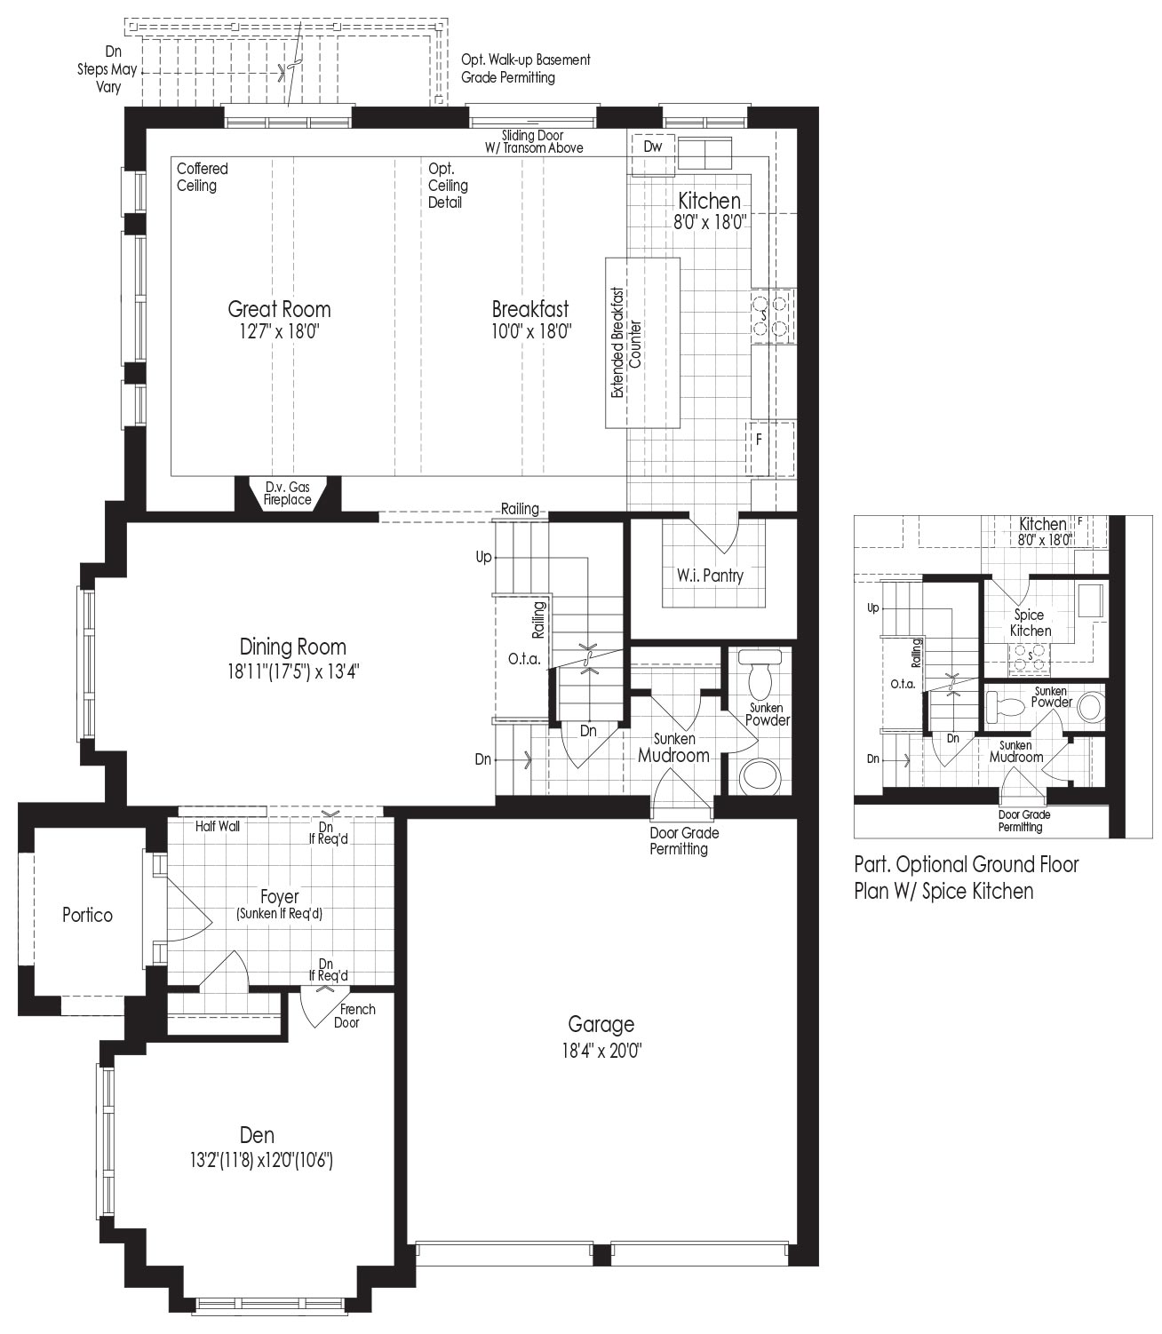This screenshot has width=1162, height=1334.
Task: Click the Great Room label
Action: click(279, 308)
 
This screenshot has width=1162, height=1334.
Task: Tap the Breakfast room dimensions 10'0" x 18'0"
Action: click(531, 332)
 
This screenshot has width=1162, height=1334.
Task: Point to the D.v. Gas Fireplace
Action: click(287, 494)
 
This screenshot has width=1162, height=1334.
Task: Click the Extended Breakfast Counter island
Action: click(642, 343)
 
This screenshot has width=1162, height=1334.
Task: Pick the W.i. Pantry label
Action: click(710, 576)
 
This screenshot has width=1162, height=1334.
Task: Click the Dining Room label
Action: click(293, 647)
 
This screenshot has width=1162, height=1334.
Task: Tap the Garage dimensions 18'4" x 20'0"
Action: click(601, 1052)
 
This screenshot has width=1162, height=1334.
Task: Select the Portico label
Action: click(87, 915)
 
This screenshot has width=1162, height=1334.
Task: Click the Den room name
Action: click(257, 1135)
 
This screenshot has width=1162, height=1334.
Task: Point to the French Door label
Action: click(352, 1015)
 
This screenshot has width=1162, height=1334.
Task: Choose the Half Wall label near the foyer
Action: click(217, 826)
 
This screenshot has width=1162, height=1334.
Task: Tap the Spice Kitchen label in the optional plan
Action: click(1031, 623)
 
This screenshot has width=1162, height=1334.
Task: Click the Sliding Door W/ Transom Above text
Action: click(533, 141)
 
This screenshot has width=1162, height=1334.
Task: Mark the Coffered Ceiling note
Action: click(203, 177)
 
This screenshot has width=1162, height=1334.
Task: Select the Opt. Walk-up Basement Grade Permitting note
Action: click(526, 68)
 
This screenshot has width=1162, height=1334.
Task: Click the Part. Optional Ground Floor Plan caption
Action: click(967, 877)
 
